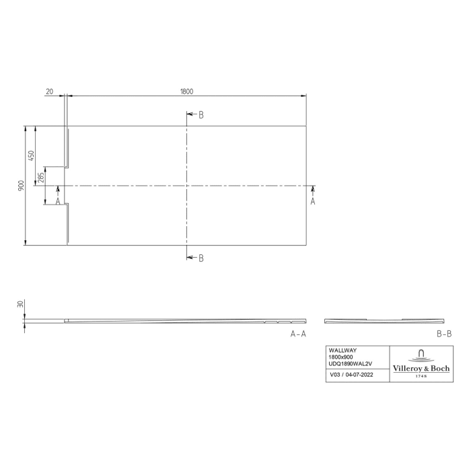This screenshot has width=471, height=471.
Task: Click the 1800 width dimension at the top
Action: (187, 92)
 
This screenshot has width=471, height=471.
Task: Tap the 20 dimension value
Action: (50, 92)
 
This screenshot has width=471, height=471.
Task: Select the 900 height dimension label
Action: (22, 185)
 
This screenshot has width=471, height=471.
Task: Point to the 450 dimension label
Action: (31, 155)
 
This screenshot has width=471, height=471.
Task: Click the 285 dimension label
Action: (41, 178)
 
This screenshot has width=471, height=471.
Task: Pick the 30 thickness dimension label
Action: (22, 304)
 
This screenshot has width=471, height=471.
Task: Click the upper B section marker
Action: (201, 115)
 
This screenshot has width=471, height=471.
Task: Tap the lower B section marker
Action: (201, 258)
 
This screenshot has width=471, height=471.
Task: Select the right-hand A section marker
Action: (312, 201)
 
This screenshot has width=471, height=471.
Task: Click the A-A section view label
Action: (298, 334)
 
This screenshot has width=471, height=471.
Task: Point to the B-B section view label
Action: (443, 334)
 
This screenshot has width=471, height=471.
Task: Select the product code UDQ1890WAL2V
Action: (350, 364)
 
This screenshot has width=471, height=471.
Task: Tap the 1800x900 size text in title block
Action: (341, 357)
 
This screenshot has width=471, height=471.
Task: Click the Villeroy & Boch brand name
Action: (421, 367)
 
